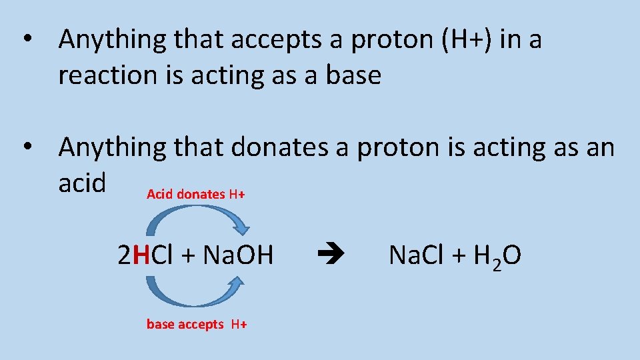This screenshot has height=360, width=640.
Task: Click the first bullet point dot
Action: [x=27, y=40]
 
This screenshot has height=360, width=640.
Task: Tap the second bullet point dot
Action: [x=27, y=147]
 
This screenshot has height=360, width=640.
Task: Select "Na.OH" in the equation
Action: [x=238, y=255]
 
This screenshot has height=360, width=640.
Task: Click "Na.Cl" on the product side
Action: [x=414, y=255]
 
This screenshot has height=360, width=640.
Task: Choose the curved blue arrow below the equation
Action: [x=193, y=293]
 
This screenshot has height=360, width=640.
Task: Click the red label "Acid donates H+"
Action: [x=195, y=194]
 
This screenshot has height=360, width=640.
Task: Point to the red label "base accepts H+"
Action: [x=197, y=325]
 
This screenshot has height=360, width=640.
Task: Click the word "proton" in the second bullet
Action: [x=389, y=148]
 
